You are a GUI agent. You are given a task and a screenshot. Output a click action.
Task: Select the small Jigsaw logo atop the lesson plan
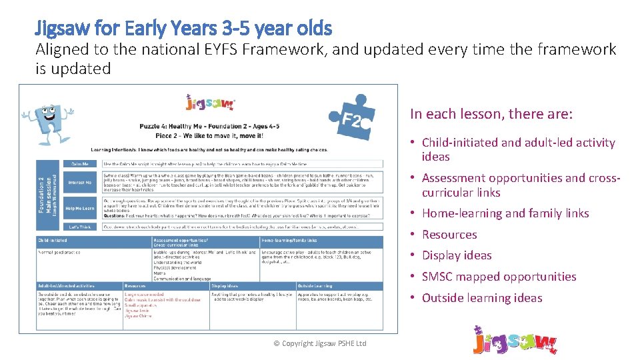click(x=209, y=103)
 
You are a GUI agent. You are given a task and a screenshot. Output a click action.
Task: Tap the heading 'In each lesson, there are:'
click(x=491, y=114)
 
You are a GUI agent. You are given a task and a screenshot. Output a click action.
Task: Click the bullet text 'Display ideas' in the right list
click(x=457, y=255)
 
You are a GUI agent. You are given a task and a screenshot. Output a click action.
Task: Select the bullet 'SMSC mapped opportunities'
click(x=499, y=277)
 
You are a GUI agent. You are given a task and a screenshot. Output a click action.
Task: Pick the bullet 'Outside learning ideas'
click(x=482, y=298)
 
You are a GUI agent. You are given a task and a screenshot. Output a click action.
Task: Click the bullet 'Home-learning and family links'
click(x=505, y=213)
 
